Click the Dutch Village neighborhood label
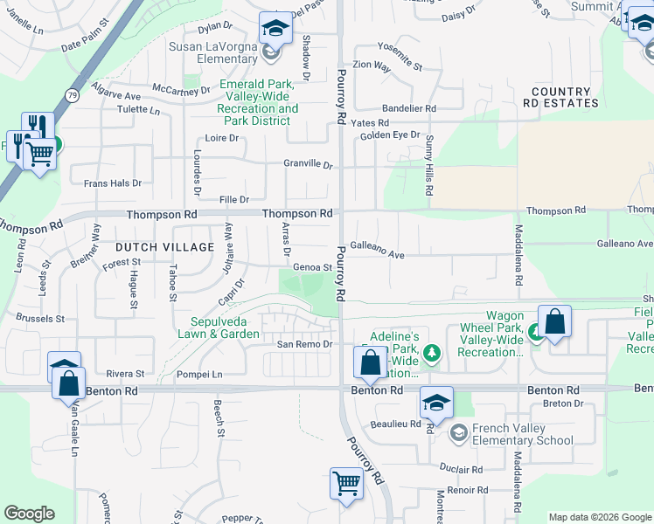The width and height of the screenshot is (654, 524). [x=165, y=247]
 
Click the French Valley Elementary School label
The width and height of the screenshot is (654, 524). [x=523, y=435]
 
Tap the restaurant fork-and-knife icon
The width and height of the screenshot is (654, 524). [x=38, y=126]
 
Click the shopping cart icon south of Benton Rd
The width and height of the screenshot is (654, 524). [x=346, y=482]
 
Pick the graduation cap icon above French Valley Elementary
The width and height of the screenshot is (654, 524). [x=436, y=402]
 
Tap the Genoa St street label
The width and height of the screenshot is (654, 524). [x=313, y=267]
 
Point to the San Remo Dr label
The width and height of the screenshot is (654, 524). [x=305, y=344]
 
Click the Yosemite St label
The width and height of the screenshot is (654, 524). [x=400, y=65]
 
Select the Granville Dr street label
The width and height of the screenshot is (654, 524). [x=308, y=164]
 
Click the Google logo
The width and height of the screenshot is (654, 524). [x=29, y=513]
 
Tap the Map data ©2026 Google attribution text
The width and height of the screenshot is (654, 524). [x=600, y=517]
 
